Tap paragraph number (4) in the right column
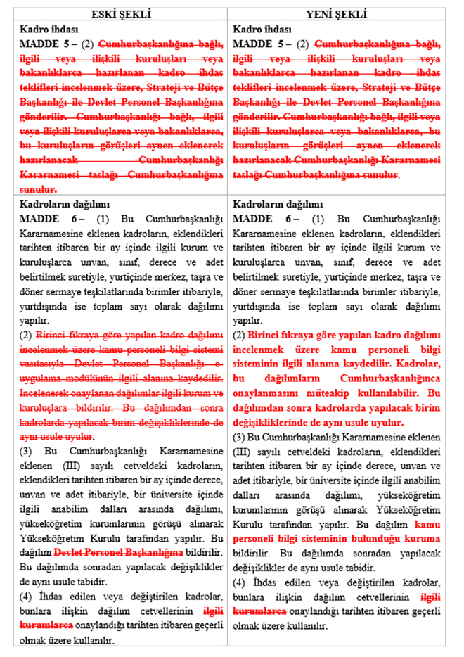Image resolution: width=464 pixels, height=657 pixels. tap(240, 583)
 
